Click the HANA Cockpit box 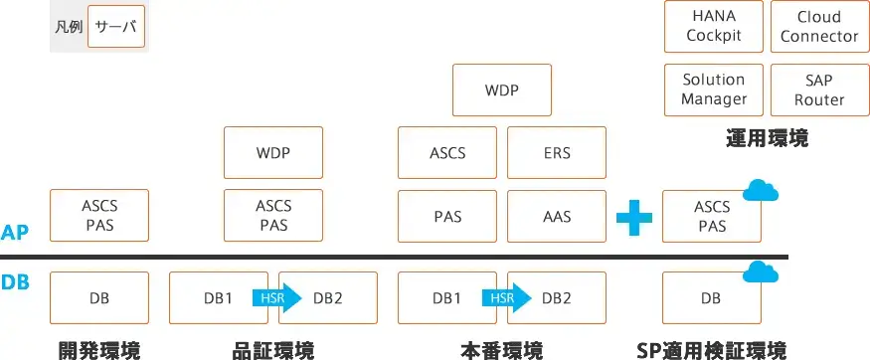coord(713,26)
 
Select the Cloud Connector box coord(818,26)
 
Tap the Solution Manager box coord(713,90)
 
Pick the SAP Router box coord(818,90)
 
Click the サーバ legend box coord(116,27)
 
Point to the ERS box coord(557,153)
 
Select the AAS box coord(557,217)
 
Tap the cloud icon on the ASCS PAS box coord(761,190)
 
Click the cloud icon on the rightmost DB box coord(761,270)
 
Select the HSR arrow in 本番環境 coord(502,297)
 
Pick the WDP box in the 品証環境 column coord(273,153)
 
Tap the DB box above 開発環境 coord(98,297)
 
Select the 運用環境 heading coord(766,139)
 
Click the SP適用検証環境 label coord(711,350)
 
